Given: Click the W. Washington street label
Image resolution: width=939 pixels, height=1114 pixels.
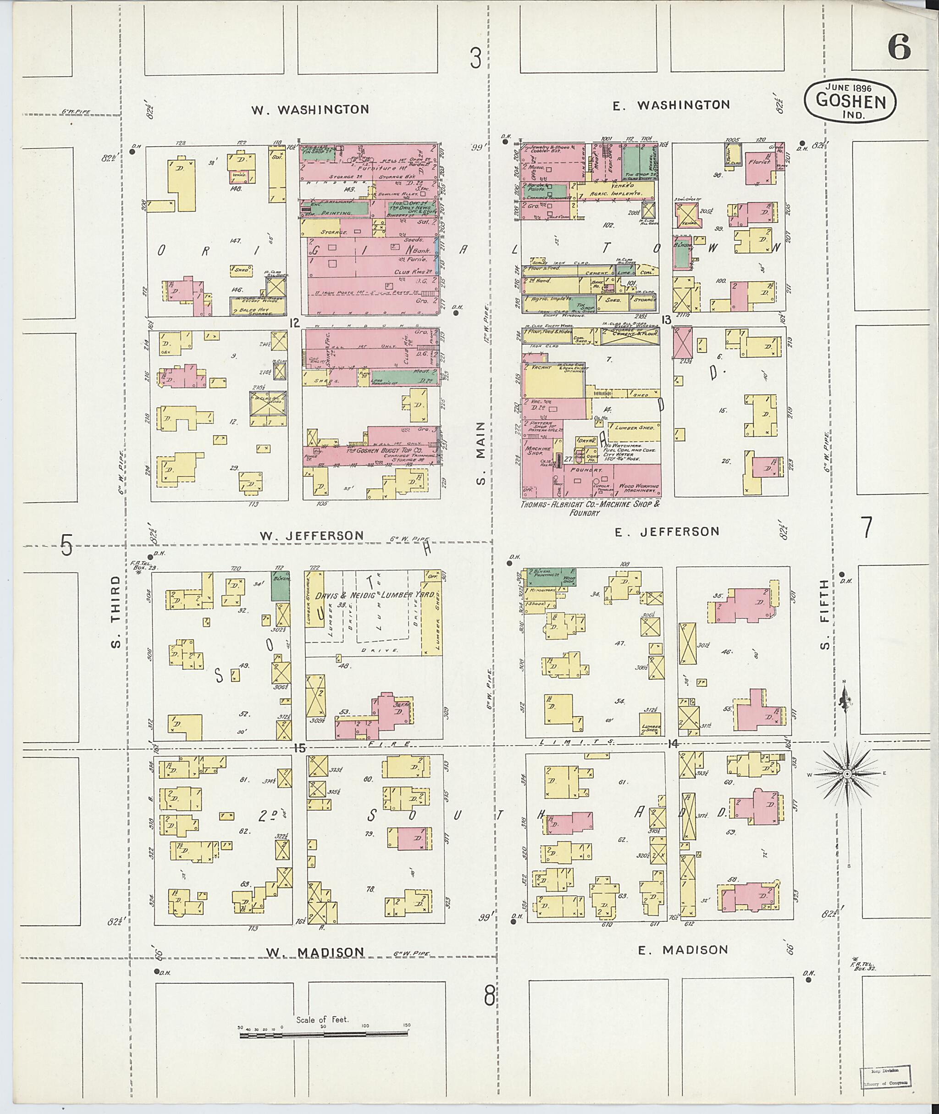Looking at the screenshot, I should click(310, 109).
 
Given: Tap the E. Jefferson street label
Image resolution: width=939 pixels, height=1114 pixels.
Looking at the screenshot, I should click(667, 531).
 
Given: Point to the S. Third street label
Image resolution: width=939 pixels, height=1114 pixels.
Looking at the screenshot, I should click(116, 612).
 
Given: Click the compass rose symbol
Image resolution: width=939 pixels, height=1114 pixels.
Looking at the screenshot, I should click(846, 773).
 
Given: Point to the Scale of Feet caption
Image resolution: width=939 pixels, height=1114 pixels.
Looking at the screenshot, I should click(322, 1020).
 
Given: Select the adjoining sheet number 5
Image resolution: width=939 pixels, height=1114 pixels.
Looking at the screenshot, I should click(66, 545).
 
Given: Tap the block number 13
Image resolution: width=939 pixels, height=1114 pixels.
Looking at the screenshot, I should click(666, 320).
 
